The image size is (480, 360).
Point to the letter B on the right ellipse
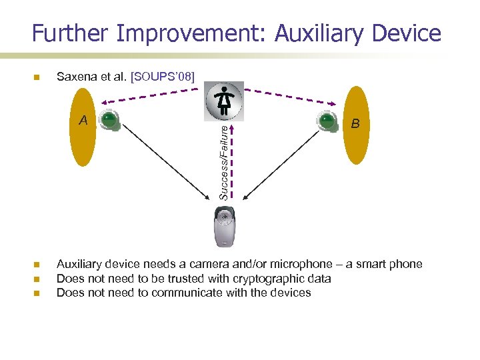(356, 123)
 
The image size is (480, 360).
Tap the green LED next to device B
(326, 121)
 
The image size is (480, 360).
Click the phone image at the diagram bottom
(225, 227)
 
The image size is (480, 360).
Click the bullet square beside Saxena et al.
(37, 77)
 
